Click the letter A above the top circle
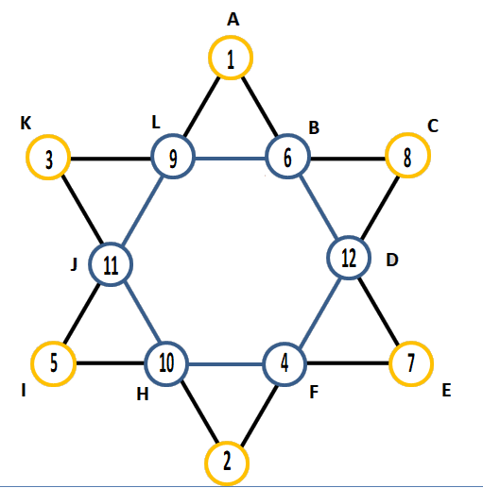coord(233,20)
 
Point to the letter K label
coord(26,123)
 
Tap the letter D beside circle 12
coord(392,261)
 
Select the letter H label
coord(143,394)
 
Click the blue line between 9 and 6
coord(231,159)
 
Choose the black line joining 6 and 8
coord(348,159)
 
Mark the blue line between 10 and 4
coord(226,364)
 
